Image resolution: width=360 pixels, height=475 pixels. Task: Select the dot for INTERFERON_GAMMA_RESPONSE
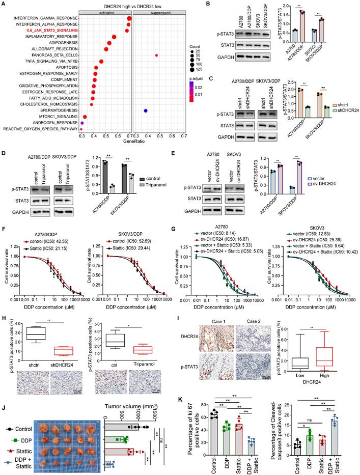[129, 18]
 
